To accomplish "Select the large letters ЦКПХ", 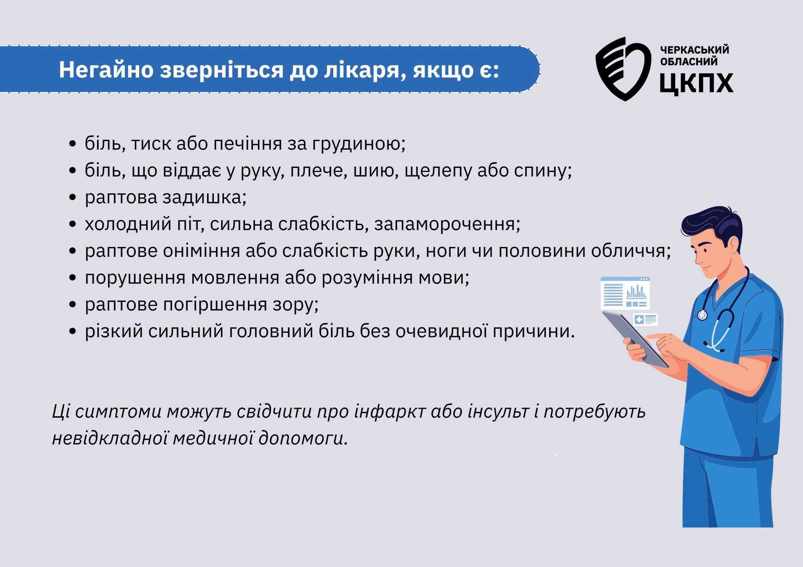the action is (x=696, y=83).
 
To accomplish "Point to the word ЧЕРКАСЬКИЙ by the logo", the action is (x=695, y=50).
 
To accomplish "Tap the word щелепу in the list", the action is (x=438, y=172).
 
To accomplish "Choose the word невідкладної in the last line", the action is (x=110, y=438).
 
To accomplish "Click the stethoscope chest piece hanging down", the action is (x=702, y=315).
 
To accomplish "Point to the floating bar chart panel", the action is (x=625, y=293).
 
